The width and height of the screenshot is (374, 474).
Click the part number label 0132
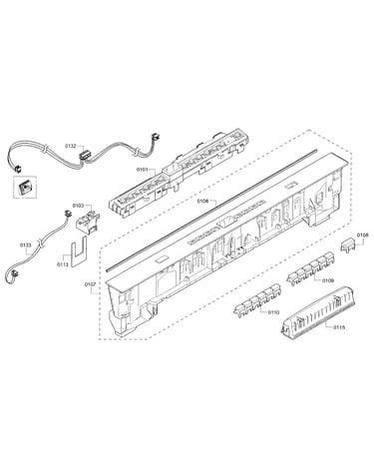click(70, 146)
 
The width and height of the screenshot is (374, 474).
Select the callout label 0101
click(142, 170)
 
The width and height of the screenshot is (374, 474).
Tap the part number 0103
click(78, 206)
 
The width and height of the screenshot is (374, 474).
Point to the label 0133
click(25, 245)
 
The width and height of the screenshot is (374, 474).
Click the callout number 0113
click(63, 264)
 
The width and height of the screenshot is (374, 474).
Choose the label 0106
click(202, 201)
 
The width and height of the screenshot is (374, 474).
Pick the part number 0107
click(90, 284)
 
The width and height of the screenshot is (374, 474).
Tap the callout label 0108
click(363, 236)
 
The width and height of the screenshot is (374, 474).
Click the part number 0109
click(328, 280)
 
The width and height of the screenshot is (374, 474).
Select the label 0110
click(273, 312)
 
